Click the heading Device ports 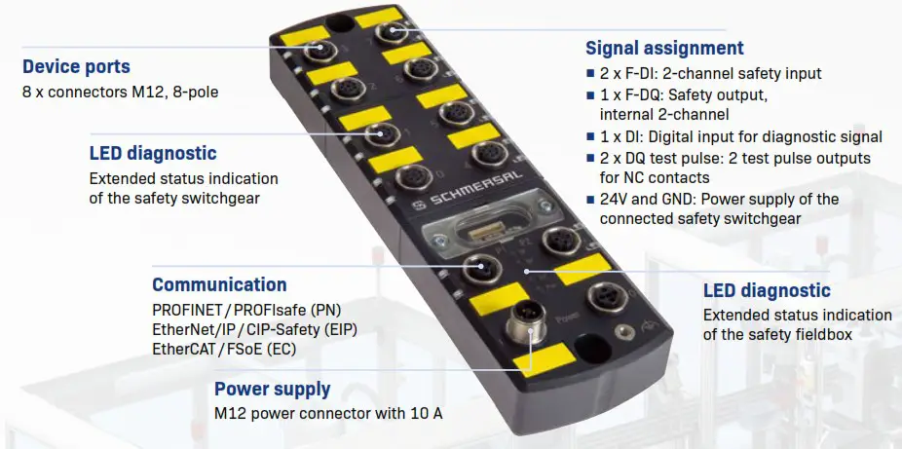[x=76, y=67]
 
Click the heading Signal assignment [x=663, y=48]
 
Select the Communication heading [x=219, y=285]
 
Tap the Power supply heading [x=272, y=390]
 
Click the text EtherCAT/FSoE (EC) [x=224, y=348]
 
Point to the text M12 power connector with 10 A [x=328, y=414]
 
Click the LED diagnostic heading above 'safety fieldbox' [x=767, y=290]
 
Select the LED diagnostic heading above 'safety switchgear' [x=153, y=153]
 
